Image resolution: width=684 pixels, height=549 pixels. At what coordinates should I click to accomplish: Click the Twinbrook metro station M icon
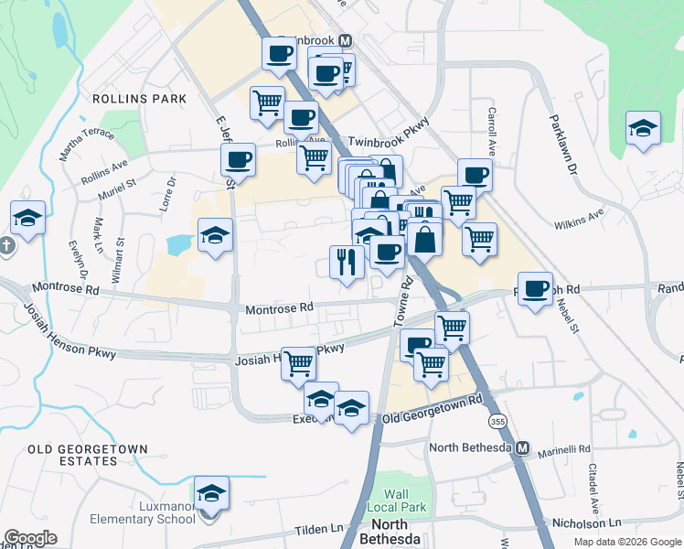click(x=346, y=41)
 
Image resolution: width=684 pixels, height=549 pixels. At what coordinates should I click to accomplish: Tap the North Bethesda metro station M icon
click(x=522, y=448)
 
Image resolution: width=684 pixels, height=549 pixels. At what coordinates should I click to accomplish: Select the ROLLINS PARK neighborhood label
click(x=139, y=99)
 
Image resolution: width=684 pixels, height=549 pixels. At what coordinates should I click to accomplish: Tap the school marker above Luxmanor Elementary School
click(x=211, y=494)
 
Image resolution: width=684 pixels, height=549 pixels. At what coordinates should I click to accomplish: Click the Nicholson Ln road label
click(x=589, y=522)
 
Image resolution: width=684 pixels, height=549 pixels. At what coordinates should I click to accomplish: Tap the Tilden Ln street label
click(x=318, y=530)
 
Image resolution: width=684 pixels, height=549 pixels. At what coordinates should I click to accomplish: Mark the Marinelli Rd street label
click(x=561, y=449)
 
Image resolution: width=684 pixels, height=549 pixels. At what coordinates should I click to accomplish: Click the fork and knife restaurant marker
click(x=347, y=263)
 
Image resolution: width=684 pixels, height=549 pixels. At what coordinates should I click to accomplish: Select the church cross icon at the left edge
click(x=6, y=246)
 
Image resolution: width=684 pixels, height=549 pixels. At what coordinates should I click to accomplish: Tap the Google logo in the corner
click(x=30, y=538)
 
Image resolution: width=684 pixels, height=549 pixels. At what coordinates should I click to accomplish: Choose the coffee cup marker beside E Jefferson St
click(x=239, y=160)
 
